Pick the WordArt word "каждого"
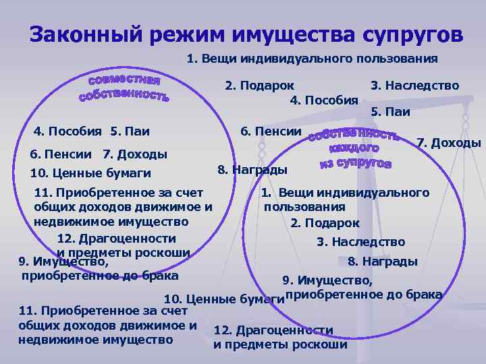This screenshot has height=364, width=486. [354, 148]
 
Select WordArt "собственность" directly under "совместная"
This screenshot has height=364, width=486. [124, 95]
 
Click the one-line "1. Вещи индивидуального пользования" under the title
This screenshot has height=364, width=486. [312, 59]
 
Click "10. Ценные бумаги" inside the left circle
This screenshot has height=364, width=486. [91, 173]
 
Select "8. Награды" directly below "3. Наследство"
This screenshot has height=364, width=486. [382, 262]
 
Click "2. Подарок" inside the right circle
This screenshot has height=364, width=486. [325, 223]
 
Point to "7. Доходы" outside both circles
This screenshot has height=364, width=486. [448, 143]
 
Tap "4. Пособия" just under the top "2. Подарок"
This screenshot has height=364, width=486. [323, 100]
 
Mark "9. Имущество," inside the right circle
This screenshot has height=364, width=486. [327, 280]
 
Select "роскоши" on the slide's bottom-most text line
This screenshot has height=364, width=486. [321, 344]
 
